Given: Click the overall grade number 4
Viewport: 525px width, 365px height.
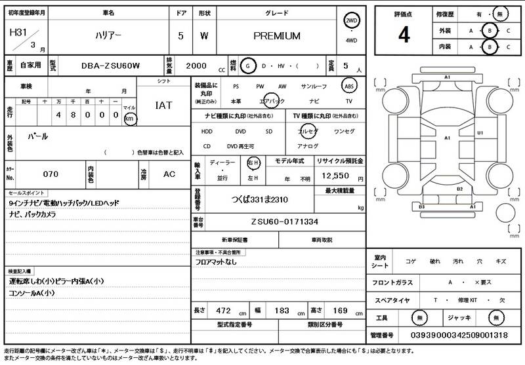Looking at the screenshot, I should [x=404, y=35].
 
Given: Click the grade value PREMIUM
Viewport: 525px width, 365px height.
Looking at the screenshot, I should [x=276, y=36].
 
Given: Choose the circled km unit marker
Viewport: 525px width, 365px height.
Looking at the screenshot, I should [x=129, y=119].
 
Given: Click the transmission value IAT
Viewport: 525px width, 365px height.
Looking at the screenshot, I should [x=163, y=105].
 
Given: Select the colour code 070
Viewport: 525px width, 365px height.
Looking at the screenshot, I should [x=51, y=174].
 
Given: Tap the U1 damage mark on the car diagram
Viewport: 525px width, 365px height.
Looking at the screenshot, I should [x=480, y=133].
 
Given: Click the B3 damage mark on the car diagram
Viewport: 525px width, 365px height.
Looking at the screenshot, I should [x=421, y=206].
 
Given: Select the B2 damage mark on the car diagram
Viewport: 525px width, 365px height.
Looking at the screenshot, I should [x=459, y=189].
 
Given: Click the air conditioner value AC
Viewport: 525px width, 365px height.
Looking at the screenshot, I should [x=169, y=174].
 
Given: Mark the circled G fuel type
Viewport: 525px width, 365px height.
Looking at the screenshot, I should [x=247, y=66].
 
